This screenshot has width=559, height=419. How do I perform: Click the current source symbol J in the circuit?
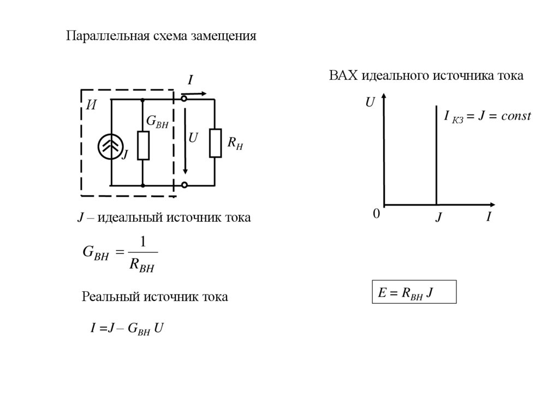coord(111,145)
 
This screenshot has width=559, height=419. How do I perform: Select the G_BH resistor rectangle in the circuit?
coord(143,145)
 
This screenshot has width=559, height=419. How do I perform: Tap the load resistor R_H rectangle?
coord(216,143)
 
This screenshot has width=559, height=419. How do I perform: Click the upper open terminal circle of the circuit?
coord(185,99)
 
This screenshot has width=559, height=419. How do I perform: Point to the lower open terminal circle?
coord(185,186)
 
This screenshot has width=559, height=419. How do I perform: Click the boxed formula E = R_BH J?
coord(413,293)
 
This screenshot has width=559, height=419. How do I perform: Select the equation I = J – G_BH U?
coord(127,328)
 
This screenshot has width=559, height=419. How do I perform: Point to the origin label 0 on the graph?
coord(376,215)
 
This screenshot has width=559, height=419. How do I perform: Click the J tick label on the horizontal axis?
coord(438,218)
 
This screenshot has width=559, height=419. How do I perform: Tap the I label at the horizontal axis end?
coord(489,217)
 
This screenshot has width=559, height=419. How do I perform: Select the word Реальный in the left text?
coord(109,297)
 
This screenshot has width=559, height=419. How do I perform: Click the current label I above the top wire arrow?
coord(191,81)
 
